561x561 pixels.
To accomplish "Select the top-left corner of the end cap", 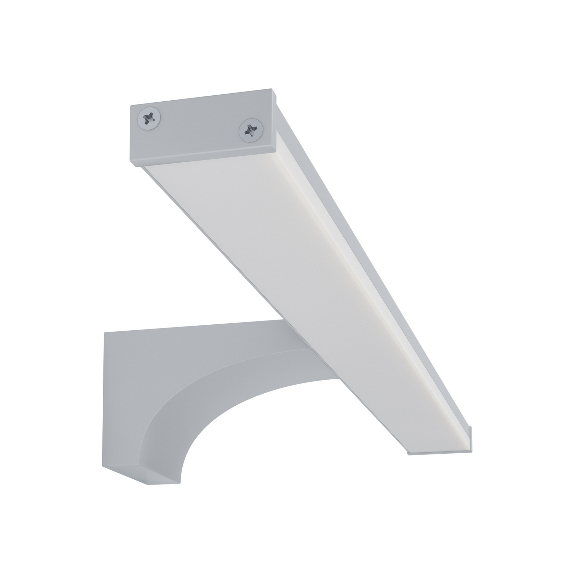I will coord(131,106).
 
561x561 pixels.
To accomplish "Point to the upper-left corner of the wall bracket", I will coord(104,333).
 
